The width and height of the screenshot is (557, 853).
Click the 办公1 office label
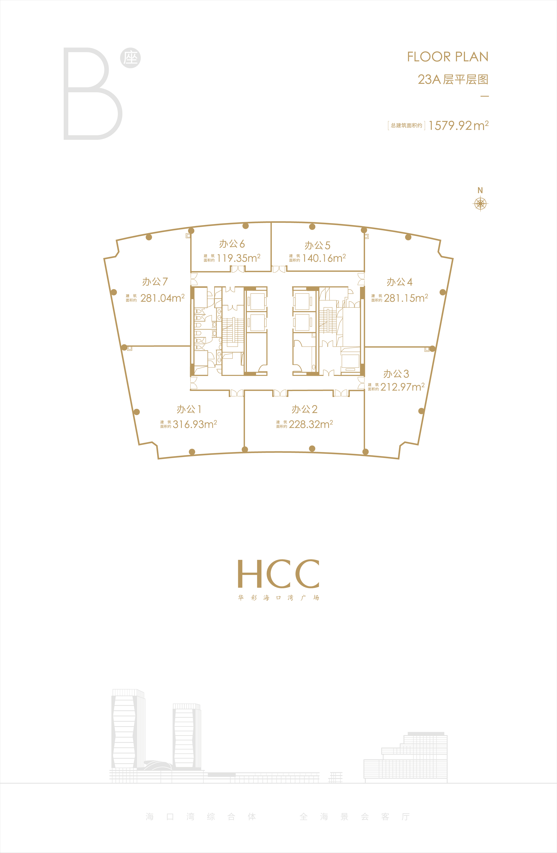click(x=189, y=409)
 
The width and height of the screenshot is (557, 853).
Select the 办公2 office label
click(x=304, y=409)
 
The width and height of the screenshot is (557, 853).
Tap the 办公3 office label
click(x=396, y=374)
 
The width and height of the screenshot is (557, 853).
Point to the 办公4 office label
click(x=399, y=282)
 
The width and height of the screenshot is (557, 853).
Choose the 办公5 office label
click(x=317, y=246)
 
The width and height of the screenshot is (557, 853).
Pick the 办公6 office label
click(x=232, y=244)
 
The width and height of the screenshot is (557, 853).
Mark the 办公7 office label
click(x=155, y=282)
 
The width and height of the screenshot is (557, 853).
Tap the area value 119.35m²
click(x=238, y=258)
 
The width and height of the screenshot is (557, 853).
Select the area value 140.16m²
click(x=324, y=258)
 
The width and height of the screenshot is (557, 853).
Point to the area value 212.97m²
click(x=402, y=387)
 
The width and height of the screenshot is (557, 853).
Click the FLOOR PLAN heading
click(x=448, y=57)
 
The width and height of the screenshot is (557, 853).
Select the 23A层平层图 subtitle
click(x=453, y=79)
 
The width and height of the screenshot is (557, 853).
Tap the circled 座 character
click(x=131, y=58)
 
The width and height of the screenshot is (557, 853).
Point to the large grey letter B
click(x=93, y=94)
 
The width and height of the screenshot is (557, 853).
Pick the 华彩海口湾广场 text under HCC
click(x=278, y=597)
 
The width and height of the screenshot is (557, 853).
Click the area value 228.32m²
click(x=311, y=424)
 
